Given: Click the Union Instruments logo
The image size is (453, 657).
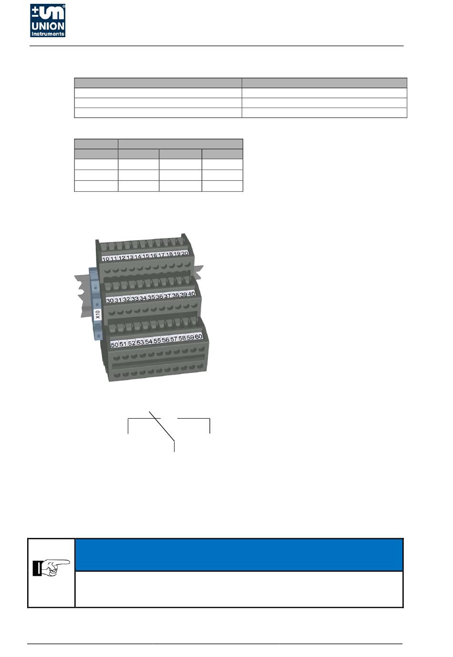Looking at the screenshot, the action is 48,21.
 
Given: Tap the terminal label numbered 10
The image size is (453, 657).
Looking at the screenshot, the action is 106,259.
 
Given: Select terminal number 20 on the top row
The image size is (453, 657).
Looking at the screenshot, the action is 185,253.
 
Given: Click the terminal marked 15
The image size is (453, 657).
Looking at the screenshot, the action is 145,256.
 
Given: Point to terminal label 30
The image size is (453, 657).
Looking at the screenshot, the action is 110,301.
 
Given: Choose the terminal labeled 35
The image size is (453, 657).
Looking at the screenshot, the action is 151,298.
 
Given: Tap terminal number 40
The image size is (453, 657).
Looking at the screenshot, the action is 191,294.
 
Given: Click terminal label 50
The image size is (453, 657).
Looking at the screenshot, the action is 114,345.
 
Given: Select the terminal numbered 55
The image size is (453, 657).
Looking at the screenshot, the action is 157,340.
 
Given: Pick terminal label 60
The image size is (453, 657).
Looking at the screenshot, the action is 199,337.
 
